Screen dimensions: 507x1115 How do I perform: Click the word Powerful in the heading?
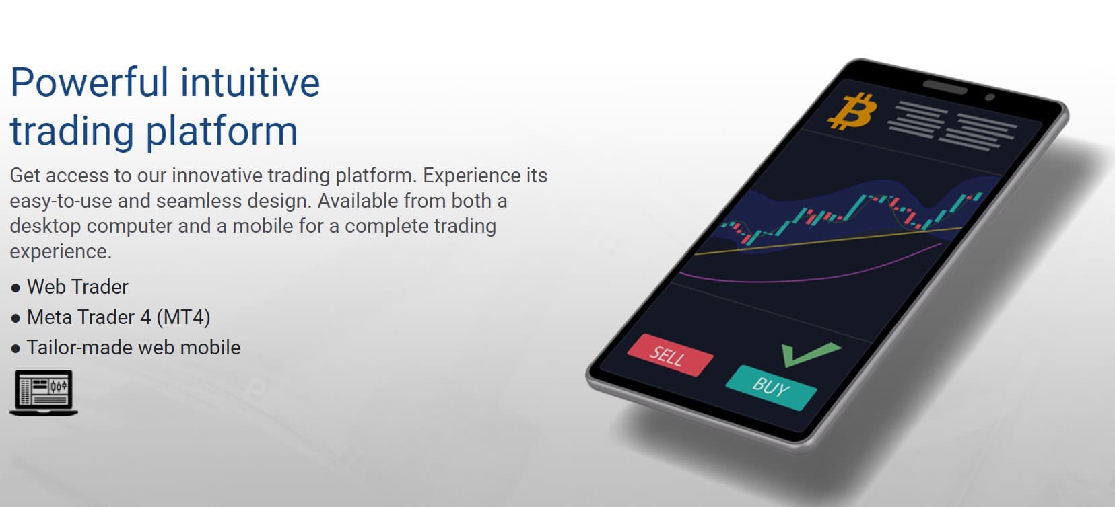tap(90, 83)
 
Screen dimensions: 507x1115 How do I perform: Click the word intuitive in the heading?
tap(250, 83)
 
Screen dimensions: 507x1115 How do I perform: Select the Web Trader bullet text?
tap(77, 287)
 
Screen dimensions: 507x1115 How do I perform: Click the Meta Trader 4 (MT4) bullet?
tap(119, 317)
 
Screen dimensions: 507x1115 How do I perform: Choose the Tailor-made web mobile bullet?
tap(133, 348)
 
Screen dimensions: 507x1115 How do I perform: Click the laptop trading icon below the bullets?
tap(44, 393)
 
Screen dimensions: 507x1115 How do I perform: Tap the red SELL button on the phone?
tap(669, 354)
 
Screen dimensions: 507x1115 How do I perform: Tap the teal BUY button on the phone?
tap(770, 387)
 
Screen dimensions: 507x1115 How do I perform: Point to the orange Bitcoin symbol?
tap(852, 112)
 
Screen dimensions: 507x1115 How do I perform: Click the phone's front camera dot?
tap(989, 97)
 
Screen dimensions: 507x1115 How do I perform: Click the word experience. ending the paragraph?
tap(60, 251)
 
